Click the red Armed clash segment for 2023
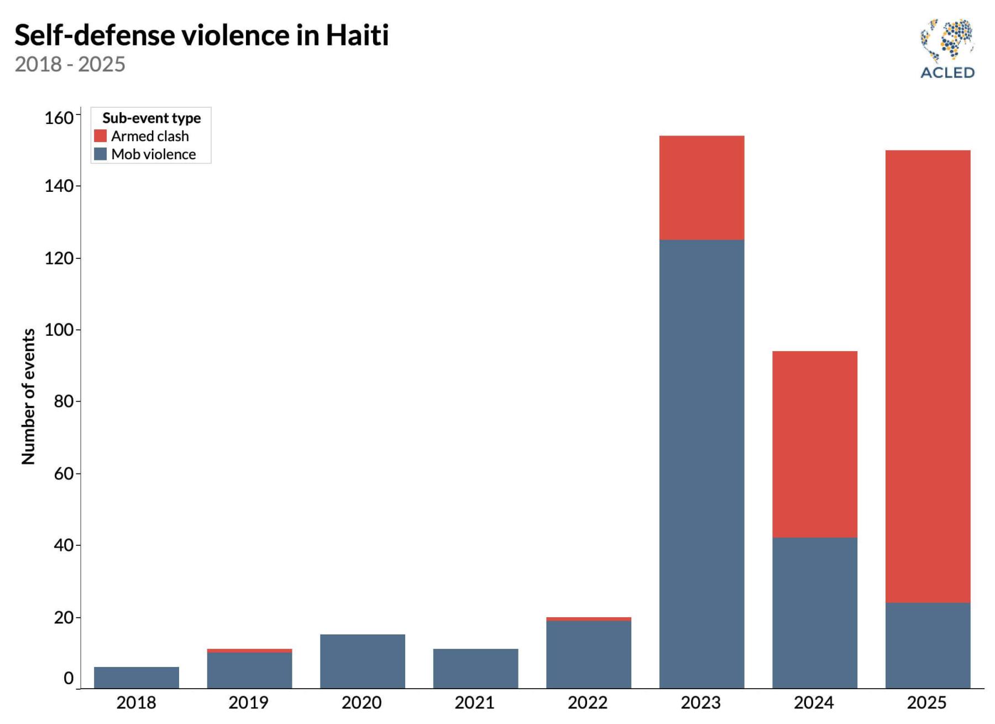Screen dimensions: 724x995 point(701,187)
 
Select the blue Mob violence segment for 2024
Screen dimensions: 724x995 point(814,613)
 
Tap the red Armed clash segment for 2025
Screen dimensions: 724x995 point(928,376)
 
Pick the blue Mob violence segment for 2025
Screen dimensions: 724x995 point(928,645)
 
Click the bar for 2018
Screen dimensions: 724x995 point(137,678)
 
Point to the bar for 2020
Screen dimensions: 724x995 point(362,662)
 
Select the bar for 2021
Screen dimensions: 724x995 point(475,669)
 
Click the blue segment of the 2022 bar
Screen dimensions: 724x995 point(588,654)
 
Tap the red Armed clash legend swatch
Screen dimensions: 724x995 point(100,136)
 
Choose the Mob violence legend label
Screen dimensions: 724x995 point(153,154)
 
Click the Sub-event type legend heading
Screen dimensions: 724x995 point(151,118)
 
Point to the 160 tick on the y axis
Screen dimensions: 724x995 point(59,118)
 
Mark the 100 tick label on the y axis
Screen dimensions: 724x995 point(59,330)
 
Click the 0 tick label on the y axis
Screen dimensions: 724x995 point(69,678)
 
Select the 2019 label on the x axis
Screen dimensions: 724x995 point(248,703)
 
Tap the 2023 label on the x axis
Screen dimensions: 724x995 point(700,703)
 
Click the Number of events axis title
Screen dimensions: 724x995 point(28,396)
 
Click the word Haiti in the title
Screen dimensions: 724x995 point(357,35)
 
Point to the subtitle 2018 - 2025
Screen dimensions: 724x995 point(70,65)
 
